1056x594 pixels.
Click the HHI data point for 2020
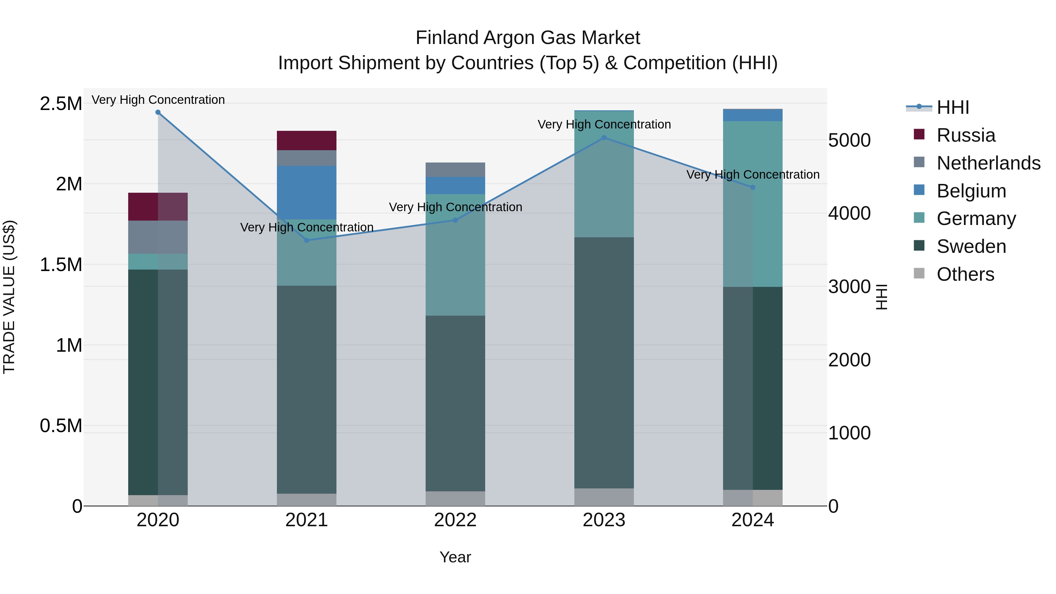click(158, 112)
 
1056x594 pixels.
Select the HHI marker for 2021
click(307, 240)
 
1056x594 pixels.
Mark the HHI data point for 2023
click(604, 138)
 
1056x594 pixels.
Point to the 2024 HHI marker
click(753, 187)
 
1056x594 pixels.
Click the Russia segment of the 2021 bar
click(307, 141)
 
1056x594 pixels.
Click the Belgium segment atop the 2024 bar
click(753, 115)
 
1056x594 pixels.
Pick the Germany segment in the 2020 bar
click(158, 262)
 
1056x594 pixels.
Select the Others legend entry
click(965, 274)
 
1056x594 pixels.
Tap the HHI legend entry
click(953, 107)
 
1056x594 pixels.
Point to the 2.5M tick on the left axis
click(61, 104)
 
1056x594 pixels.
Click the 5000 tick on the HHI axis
click(849, 140)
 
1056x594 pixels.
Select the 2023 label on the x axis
click(604, 520)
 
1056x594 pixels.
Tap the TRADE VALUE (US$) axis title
click(9, 297)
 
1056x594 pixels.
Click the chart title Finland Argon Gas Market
click(528, 38)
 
